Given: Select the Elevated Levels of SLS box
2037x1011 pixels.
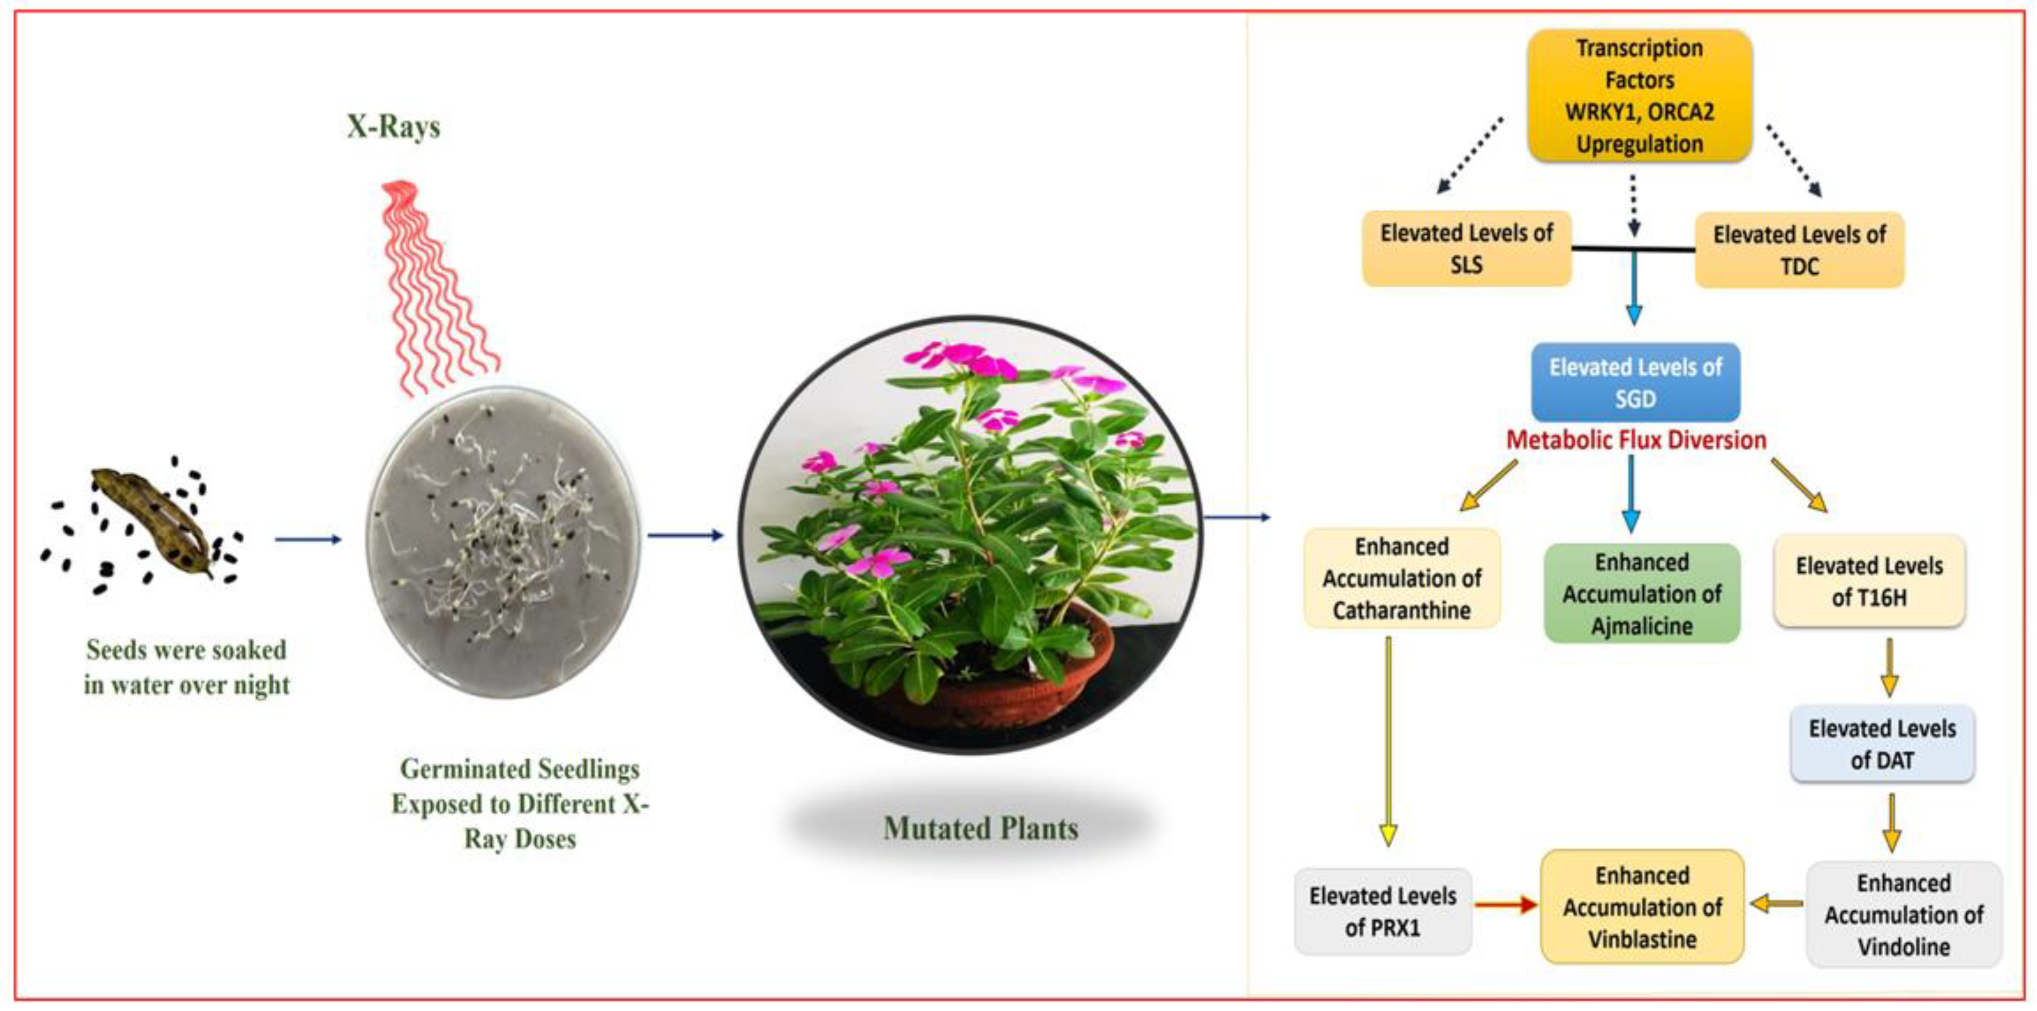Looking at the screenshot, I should tap(1466, 249).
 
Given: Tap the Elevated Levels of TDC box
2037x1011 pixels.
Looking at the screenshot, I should tap(1799, 250).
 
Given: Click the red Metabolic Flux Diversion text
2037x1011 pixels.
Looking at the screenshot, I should tap(1635, 440).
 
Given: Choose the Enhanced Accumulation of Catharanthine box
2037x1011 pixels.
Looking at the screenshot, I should tap(1401, 578).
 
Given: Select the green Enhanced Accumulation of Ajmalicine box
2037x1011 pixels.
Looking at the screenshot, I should tap(1642, 593).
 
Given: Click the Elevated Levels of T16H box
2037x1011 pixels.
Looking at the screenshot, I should tap(1869, 581).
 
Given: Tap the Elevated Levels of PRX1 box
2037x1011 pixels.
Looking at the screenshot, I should tap(1382, 911).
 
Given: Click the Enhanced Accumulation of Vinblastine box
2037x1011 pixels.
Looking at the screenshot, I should tap(1642, 907).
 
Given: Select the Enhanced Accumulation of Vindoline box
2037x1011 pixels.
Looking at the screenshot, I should tap(1903, 914).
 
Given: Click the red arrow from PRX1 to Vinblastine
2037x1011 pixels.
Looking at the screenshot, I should tap(1505, 904).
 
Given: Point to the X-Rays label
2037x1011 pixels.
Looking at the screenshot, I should tap(393, 126).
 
